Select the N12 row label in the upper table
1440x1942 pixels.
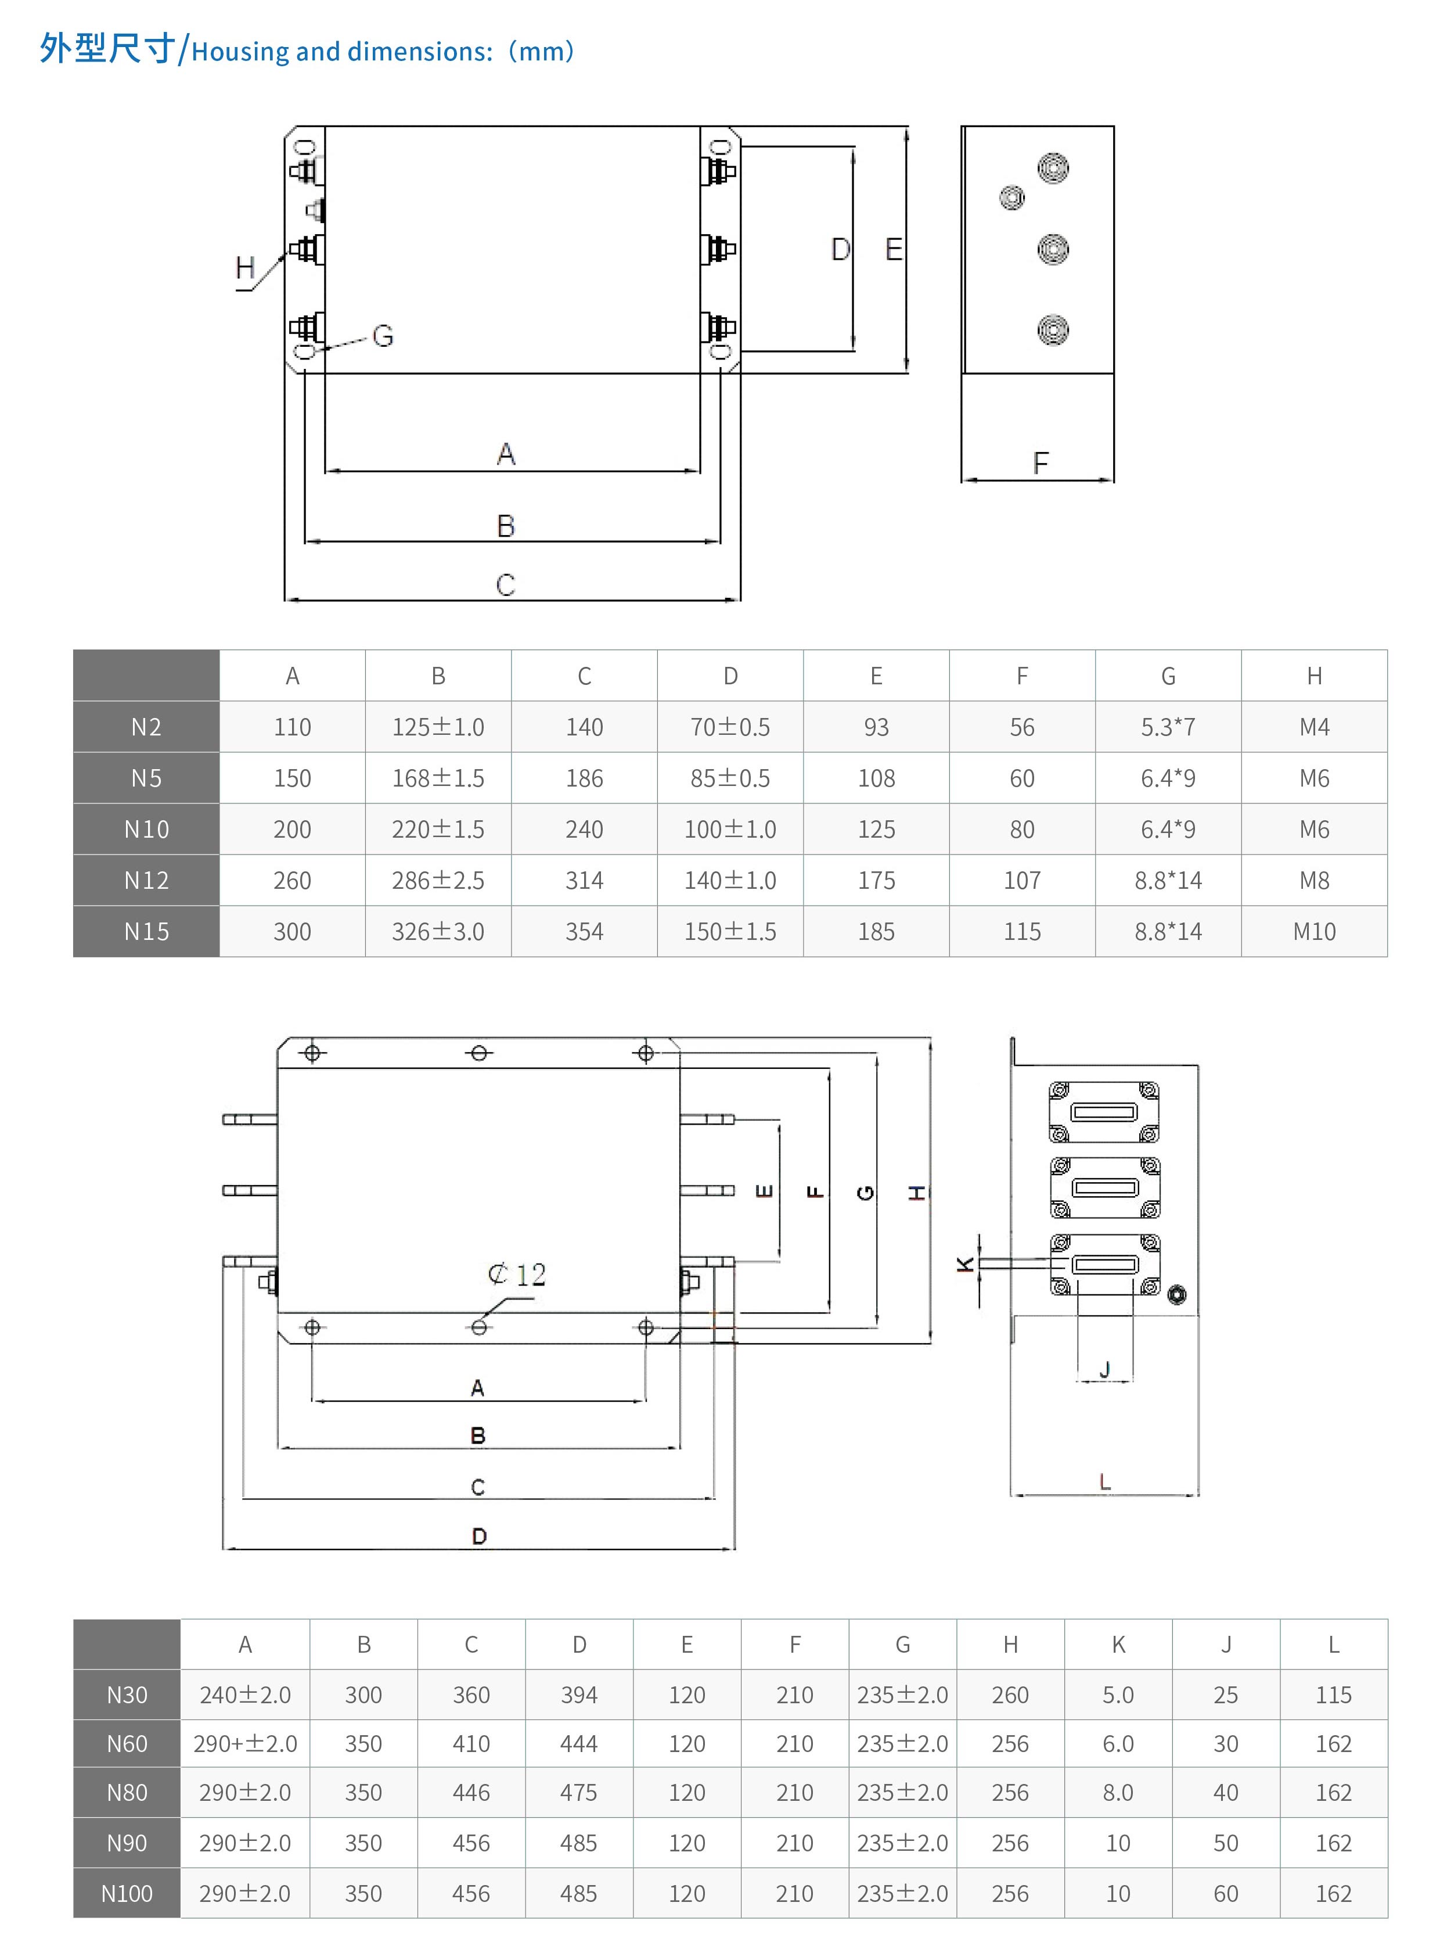[146, 880]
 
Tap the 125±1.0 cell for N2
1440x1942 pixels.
[438, 726]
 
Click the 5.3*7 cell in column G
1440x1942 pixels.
[1168, 726]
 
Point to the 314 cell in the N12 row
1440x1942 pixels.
[584, 880]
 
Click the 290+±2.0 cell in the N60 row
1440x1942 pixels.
[245, 1743]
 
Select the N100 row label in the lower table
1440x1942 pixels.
[127, 1893]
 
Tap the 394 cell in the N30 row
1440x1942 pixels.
[579, 1695]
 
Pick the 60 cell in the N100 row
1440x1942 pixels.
[1226, 1893]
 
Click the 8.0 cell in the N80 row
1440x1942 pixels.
[1118, 1792]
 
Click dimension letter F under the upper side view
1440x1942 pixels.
[1040, 462]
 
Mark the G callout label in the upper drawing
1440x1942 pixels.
[383, 336]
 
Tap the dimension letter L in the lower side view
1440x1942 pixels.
[1106, 1481]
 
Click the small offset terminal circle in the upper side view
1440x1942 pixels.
[1012, 198]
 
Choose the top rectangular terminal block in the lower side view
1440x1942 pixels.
[1104, 1112]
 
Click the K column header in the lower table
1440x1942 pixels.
[1118, 1645]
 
